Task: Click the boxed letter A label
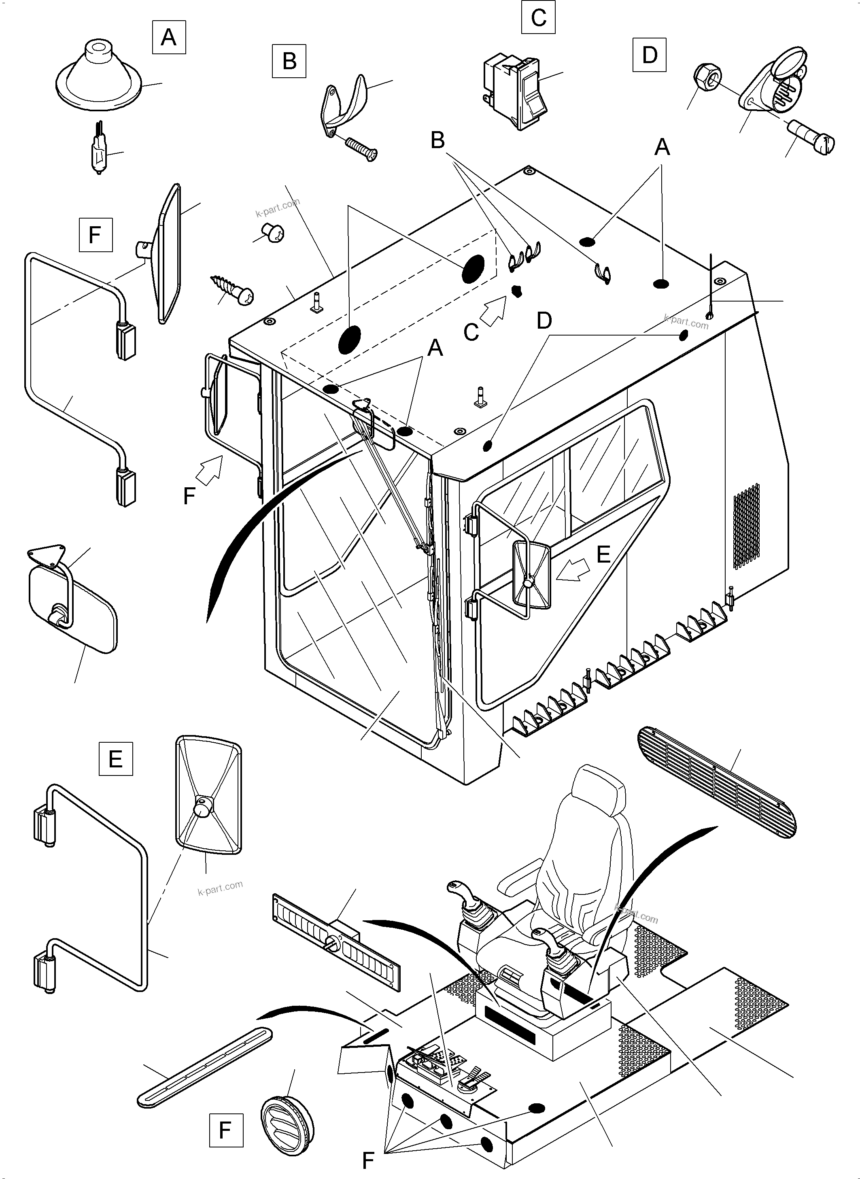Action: (169, 37)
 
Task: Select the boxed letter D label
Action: (650, 55)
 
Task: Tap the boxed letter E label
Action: (116, 758)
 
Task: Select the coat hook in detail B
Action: (344, 102)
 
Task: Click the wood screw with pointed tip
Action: (231, 289)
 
